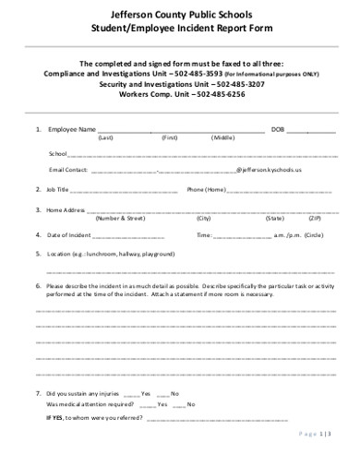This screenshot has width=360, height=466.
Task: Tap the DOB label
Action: tap(277, 128)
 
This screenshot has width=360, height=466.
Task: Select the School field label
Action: tap(57, 153)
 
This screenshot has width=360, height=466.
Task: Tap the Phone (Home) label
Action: tap(206, 189)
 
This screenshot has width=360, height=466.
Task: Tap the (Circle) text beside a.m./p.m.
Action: tap(313, 234)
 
